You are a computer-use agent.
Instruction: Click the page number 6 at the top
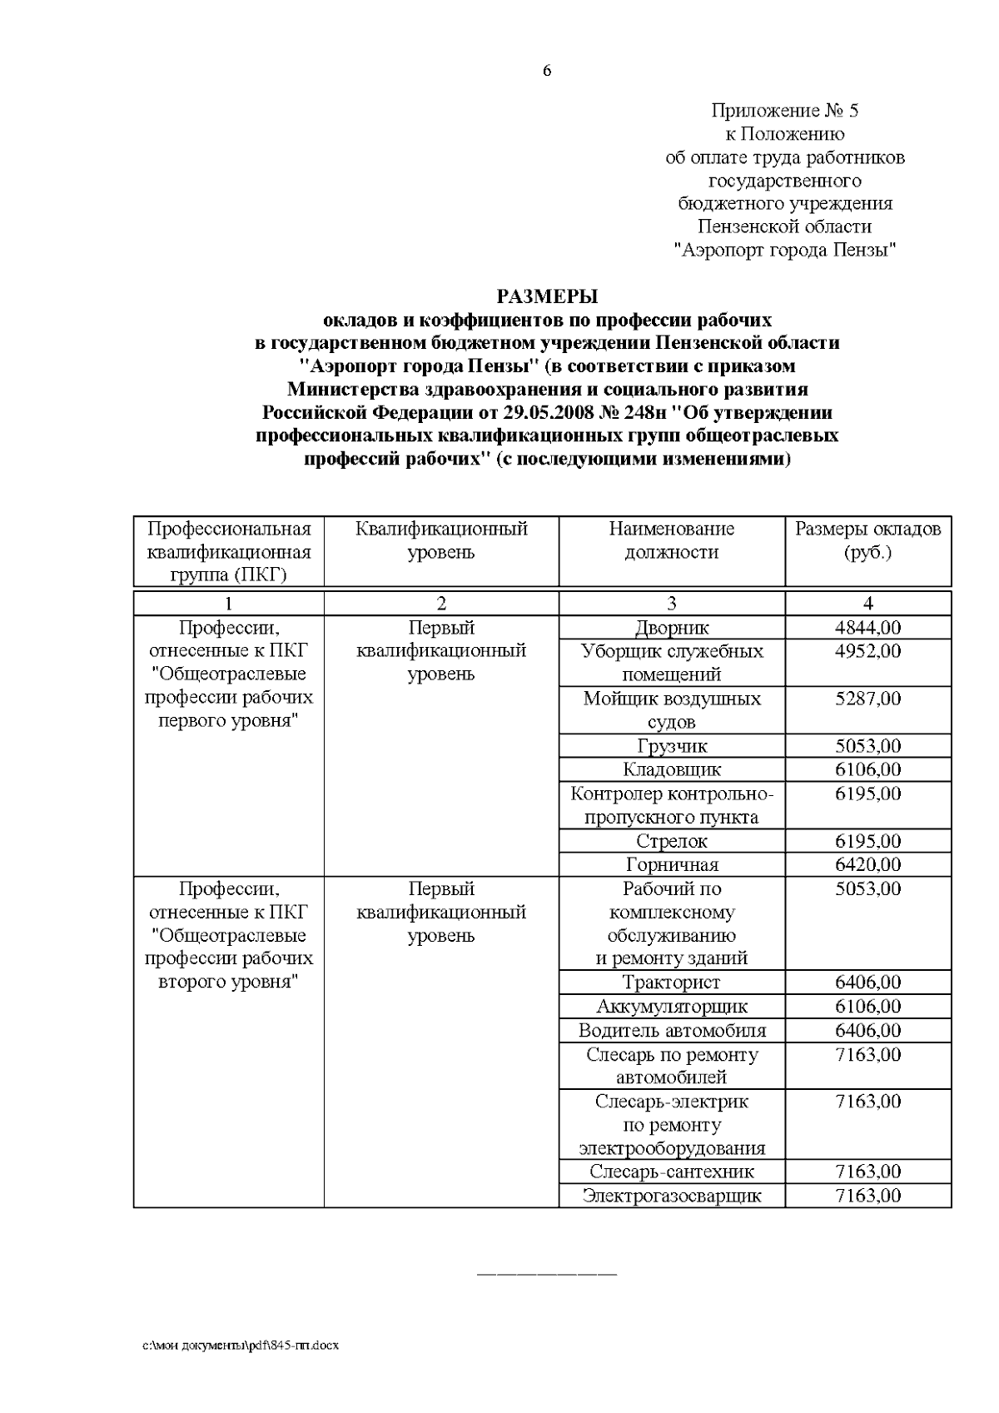547,72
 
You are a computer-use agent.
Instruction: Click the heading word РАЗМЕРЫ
547,296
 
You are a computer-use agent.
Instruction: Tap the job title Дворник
671,628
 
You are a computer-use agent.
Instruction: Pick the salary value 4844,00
867,628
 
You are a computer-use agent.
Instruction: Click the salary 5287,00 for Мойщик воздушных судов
867,699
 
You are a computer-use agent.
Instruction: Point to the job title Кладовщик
671,769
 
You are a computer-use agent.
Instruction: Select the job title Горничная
671,864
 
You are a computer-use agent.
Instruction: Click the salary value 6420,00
867,864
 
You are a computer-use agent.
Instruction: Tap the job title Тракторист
671,983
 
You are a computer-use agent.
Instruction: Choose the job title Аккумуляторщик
671,1007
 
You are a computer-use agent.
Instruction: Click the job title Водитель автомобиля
671,1031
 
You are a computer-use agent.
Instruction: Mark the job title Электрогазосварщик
671,1197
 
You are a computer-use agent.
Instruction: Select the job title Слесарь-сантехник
671,1172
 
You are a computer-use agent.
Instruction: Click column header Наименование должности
671,540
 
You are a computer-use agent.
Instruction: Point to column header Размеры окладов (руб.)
867,540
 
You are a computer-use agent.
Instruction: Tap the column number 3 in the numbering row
671,604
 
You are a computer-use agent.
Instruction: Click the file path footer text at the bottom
241,1346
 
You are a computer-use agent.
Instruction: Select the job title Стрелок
671,841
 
